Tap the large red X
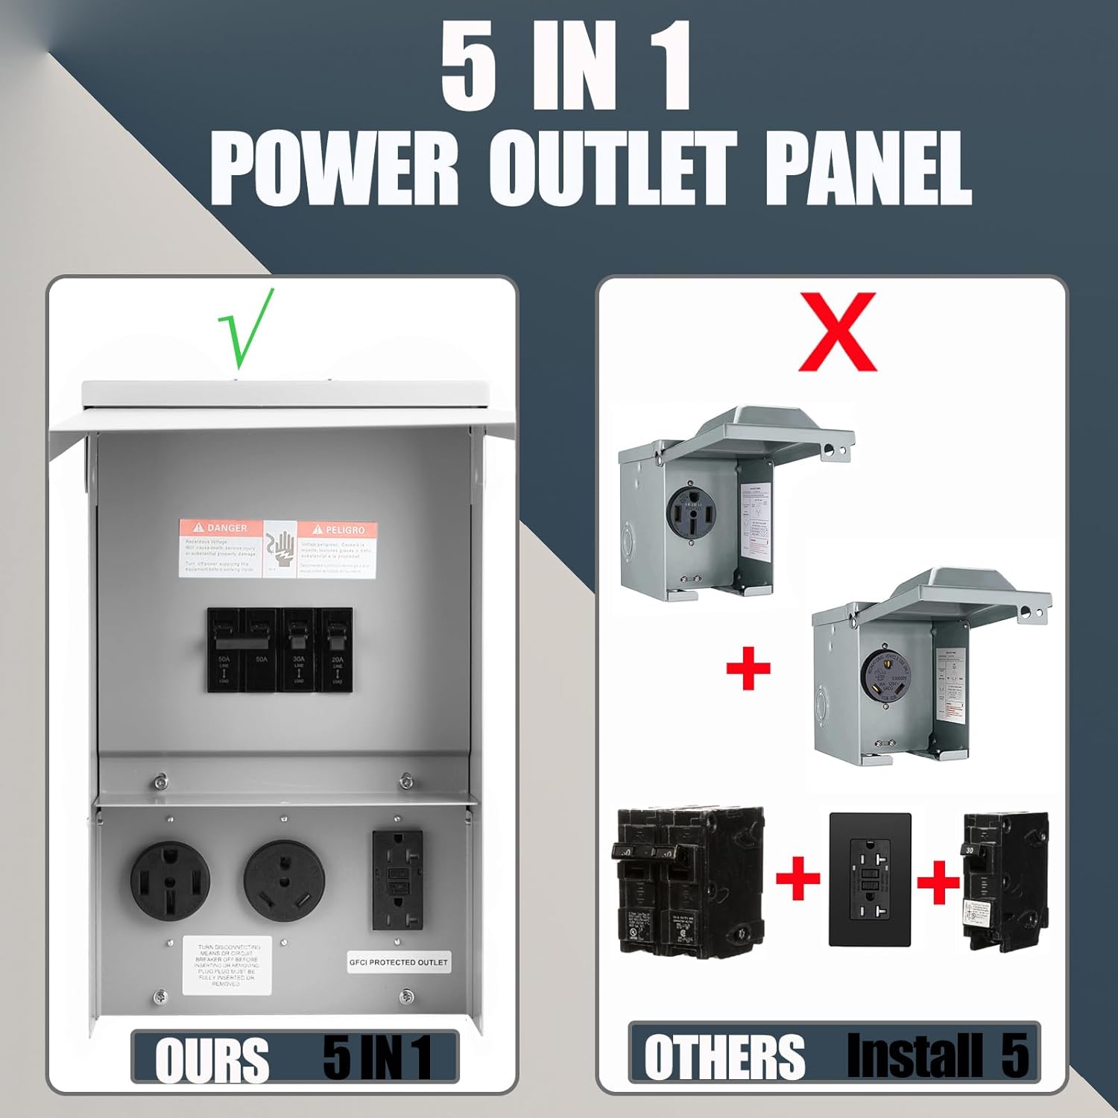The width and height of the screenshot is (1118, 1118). point(837,332)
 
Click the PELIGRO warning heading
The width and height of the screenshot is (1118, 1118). point(338,529)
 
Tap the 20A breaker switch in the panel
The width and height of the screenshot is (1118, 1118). point(336,648)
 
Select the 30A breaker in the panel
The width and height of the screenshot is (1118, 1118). point(298,648)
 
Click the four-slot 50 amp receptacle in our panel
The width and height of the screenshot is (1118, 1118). point(170,881)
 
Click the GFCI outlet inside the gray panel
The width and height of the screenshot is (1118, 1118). point(397,879)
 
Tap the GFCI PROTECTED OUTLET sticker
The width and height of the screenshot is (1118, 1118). point(399,962)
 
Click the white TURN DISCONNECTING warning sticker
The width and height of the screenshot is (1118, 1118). point(227,965)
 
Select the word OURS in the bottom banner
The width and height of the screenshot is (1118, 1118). point(211,1059)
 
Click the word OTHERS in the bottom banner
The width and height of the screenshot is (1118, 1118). point(724,1058)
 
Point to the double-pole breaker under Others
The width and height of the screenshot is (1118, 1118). point(687,879)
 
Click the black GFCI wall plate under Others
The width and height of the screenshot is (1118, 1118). point(870,879)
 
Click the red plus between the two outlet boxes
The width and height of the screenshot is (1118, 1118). point(748,668)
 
